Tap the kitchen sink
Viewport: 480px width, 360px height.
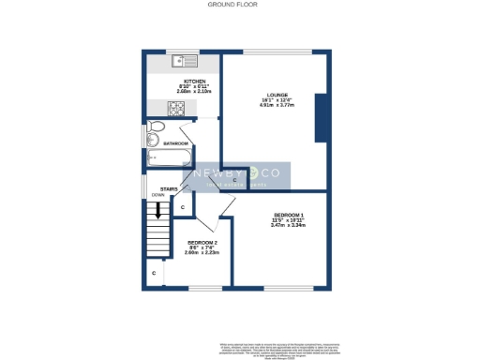click(x=182, y=62)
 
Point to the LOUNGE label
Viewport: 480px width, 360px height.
click(x=277, y=95)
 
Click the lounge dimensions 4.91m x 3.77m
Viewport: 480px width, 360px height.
click(x=277, y=106)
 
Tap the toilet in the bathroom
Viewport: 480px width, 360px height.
click(x=157, y=127)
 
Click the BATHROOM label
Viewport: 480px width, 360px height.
click(x=176, y=142)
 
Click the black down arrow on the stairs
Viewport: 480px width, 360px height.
click(x=158, y=209)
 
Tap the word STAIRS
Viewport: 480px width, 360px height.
click(x=169, y=188)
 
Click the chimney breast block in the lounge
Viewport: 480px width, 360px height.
click(x=322, y=117)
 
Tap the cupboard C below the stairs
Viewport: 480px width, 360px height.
click(x=154, y=273)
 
